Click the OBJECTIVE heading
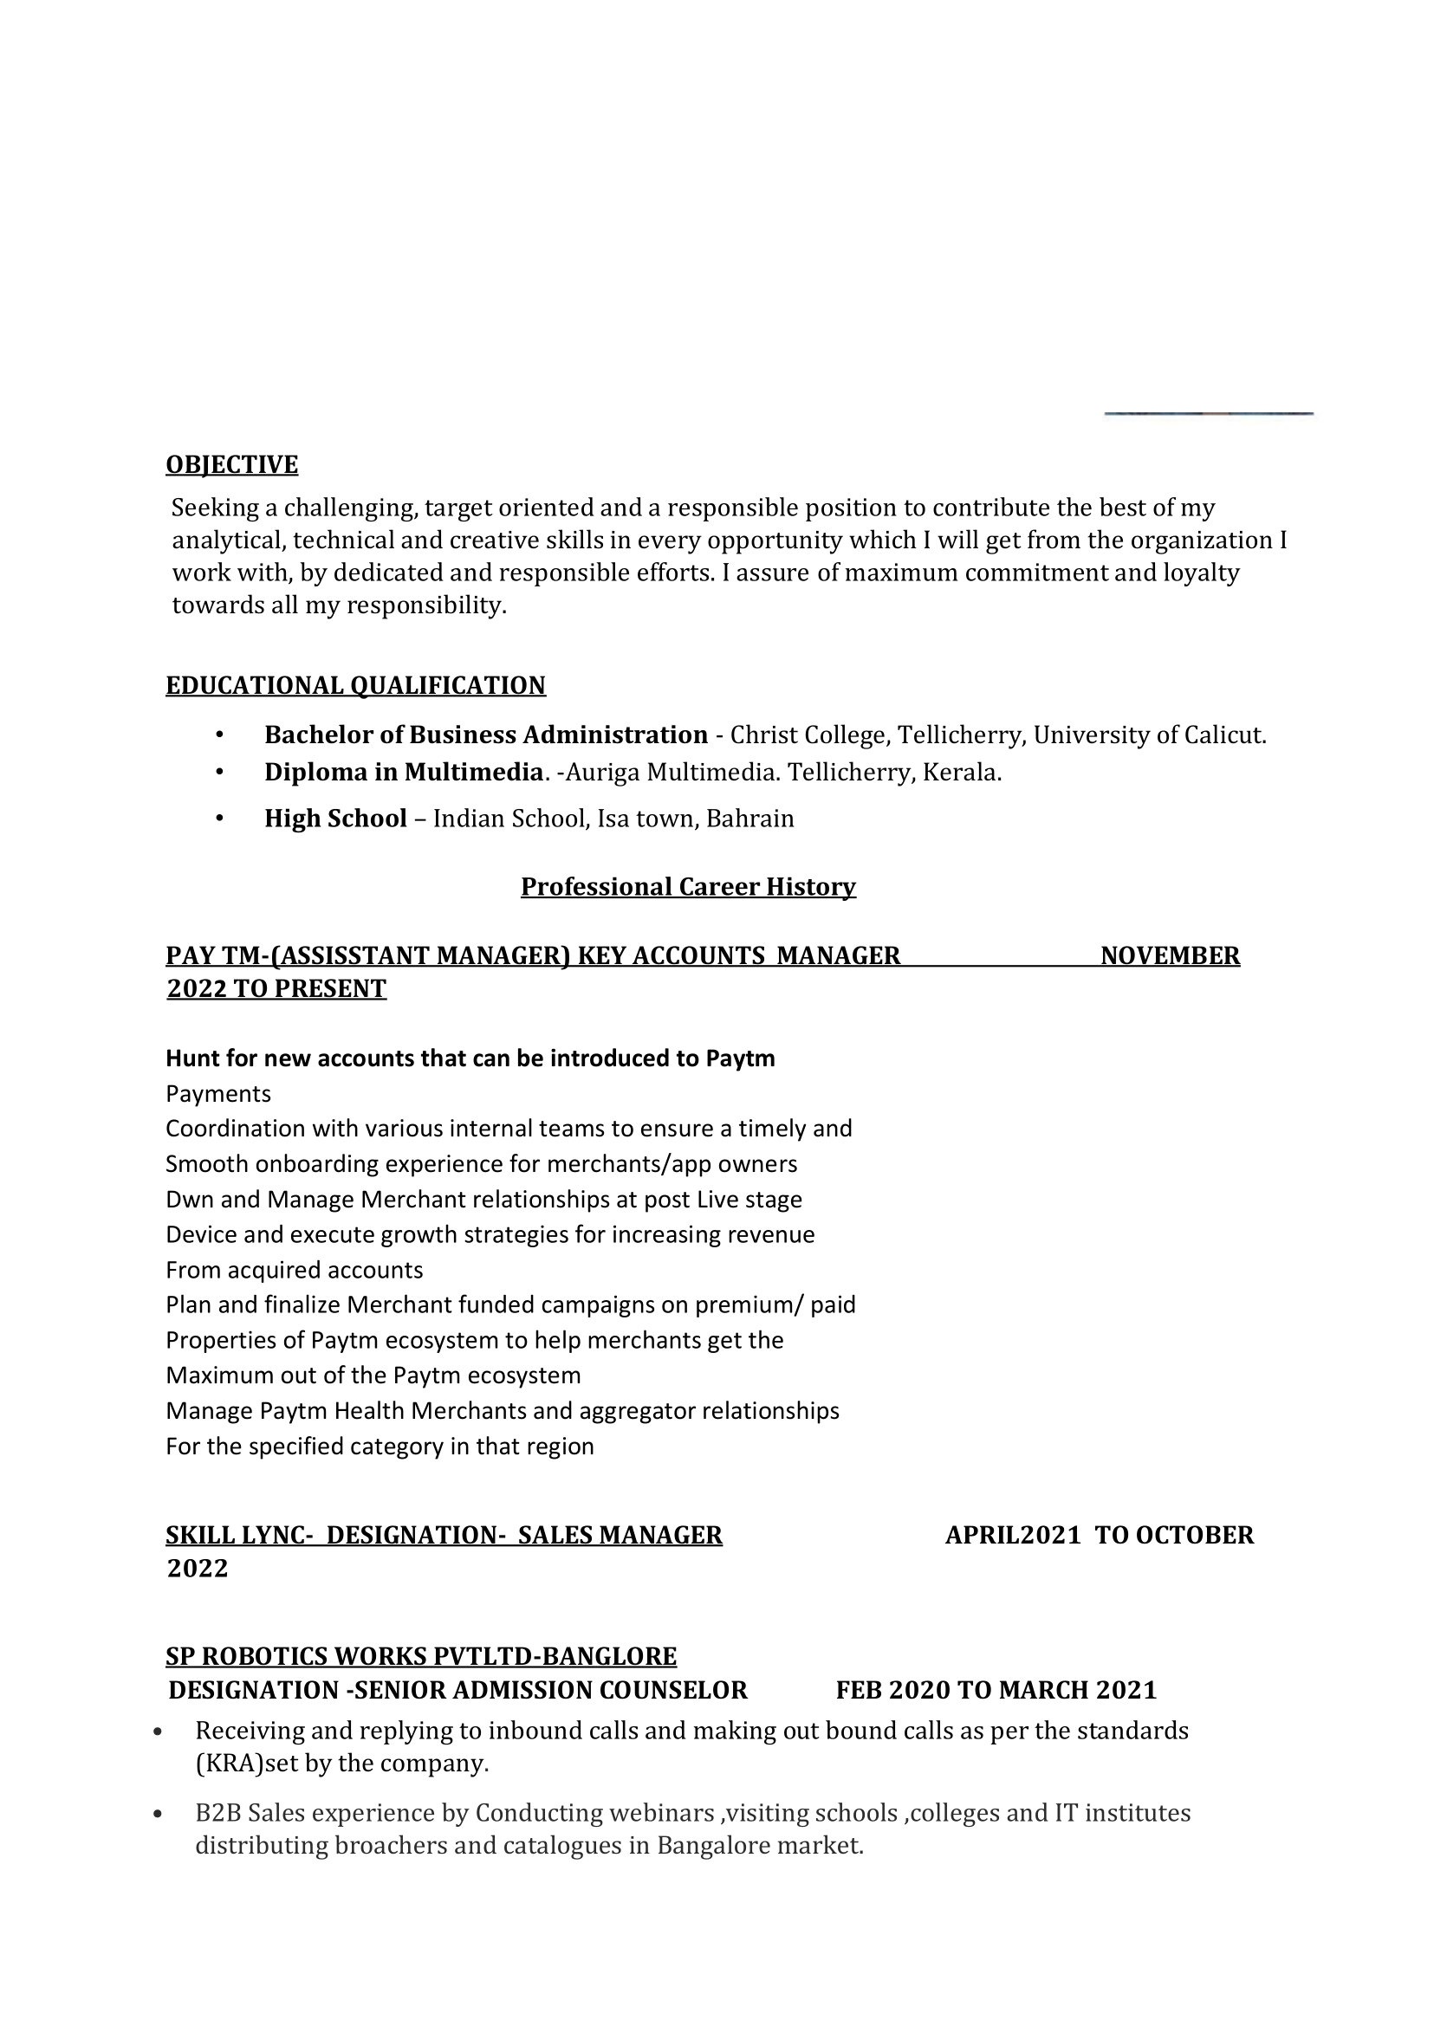[x=231, y=464]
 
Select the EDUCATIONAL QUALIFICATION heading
[x=355, y=685]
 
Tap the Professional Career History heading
[x=688, y=886]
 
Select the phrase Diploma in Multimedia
[x=403, y=773]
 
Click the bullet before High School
[x=219, y=819]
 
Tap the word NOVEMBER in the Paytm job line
[x=1170, y=955]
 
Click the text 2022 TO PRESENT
[x=276, y=988]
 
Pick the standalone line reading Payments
[x=218, y=1094]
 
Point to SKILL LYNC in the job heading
[x=234, y=1535]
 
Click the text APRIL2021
[x=1013, y=1535]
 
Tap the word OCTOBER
[x=1194, y=1535]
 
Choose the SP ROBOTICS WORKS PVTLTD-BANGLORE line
[x=421, y=1656]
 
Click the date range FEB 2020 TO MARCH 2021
[x=996, y=1691]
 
